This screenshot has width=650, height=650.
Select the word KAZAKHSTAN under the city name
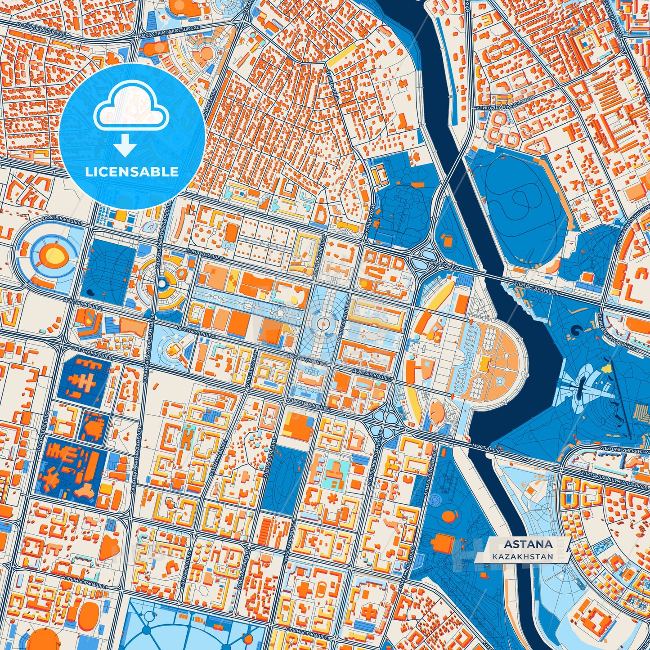pos(523,556)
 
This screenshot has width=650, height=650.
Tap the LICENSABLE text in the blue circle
pos(132,171)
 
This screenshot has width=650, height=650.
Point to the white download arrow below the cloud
pos(126,146)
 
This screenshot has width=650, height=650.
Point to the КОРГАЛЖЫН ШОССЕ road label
pos(40,28)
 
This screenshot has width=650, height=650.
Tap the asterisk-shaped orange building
pos(333,498)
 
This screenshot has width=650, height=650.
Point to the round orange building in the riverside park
pos(448,516)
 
